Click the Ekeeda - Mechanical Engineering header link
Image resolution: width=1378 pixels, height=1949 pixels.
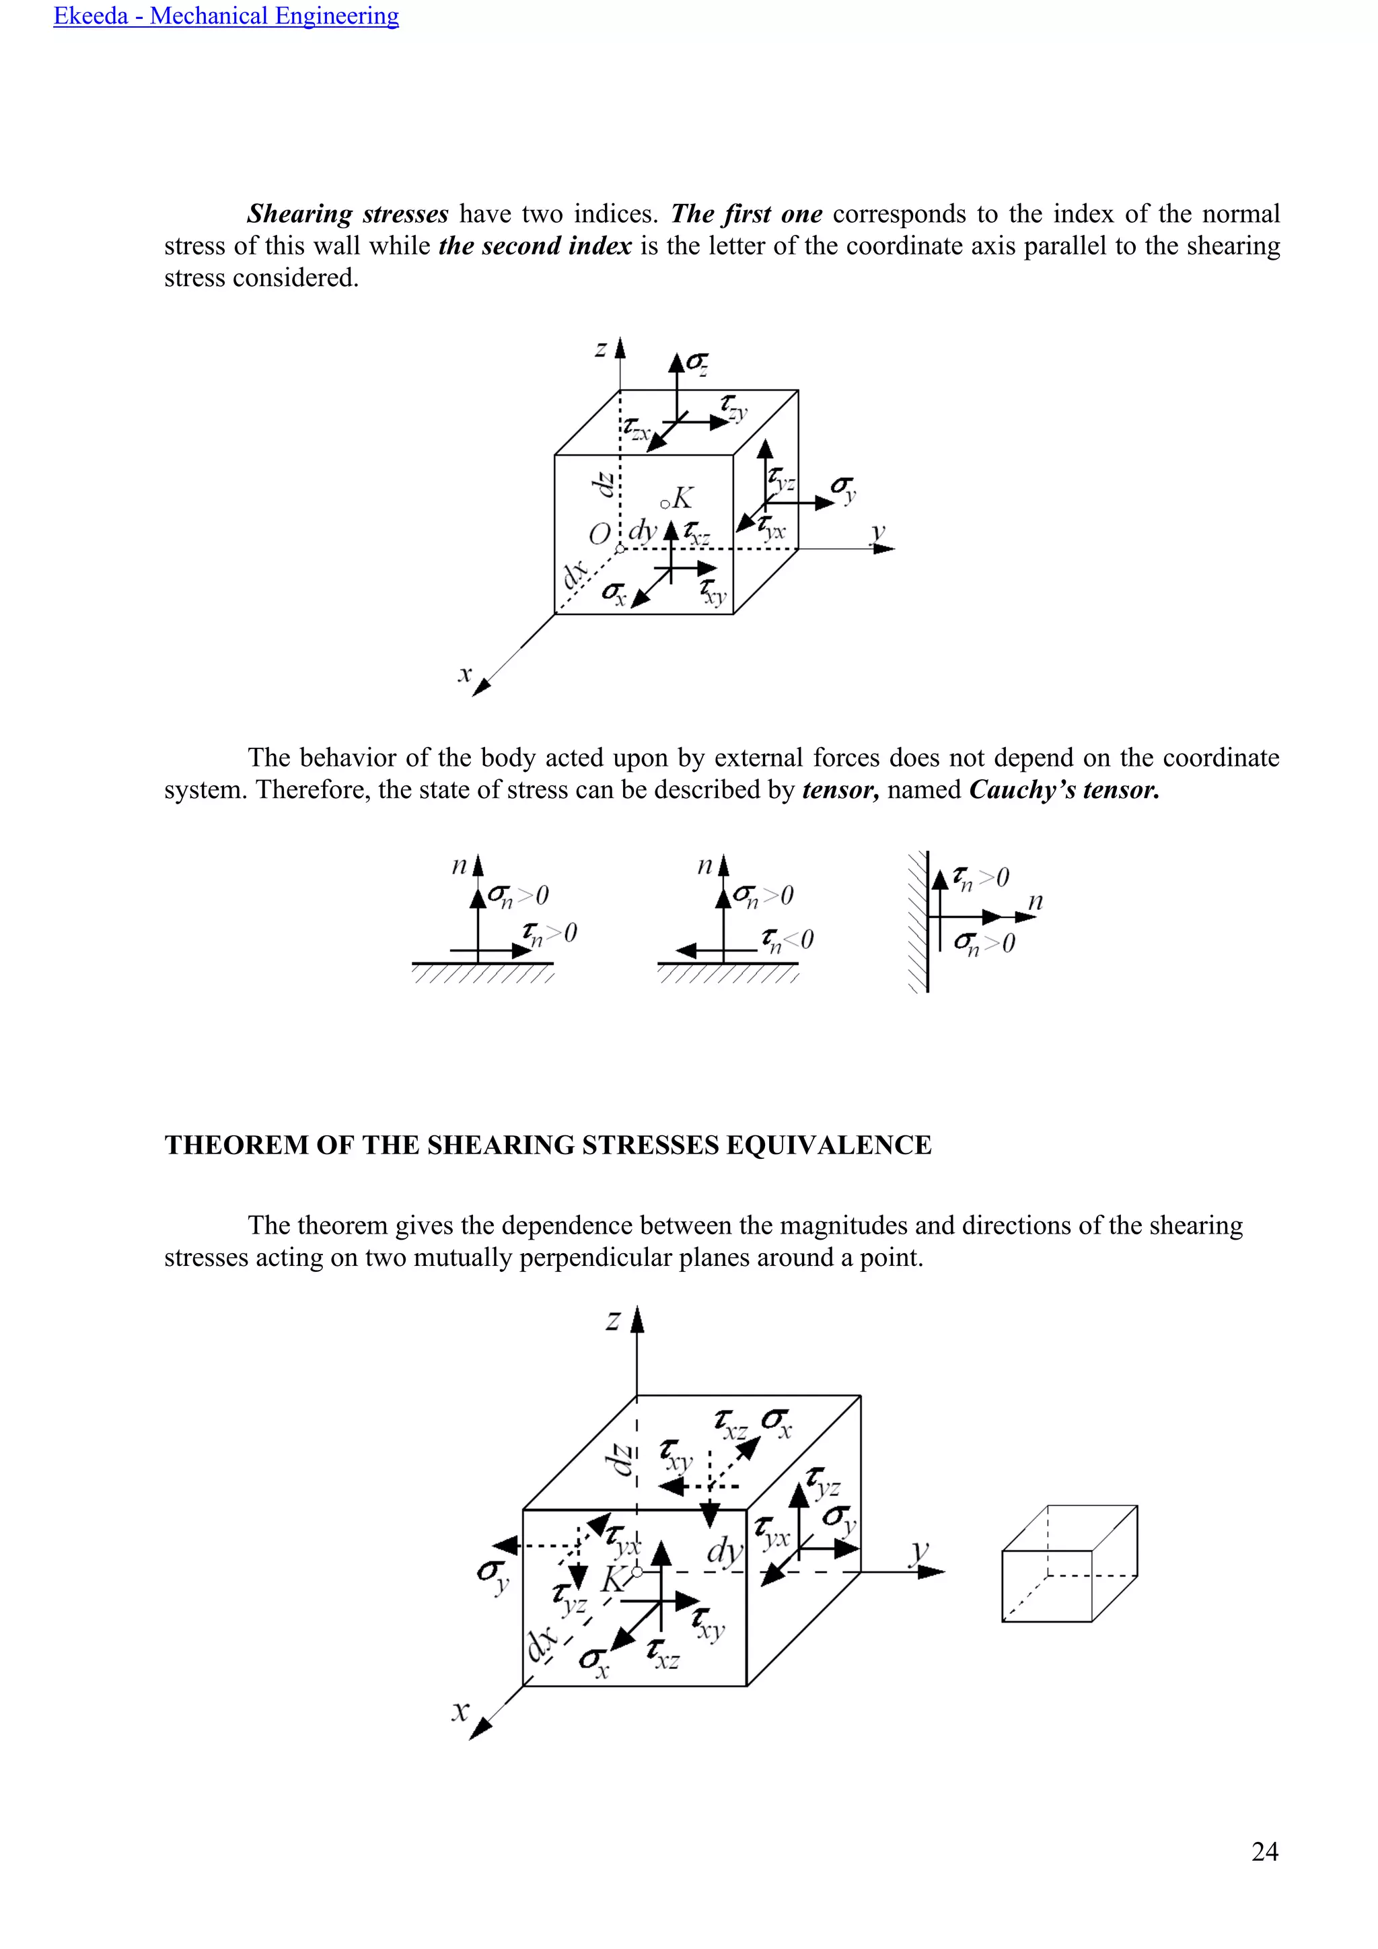[x=225, y=16]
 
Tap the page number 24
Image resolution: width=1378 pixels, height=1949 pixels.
[x=1264, y=1851]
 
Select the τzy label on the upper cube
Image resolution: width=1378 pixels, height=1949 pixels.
[x=734, y=406]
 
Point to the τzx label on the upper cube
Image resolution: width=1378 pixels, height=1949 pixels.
[x=637, y=429]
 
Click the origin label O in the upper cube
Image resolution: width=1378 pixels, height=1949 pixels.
[x=599, y=534]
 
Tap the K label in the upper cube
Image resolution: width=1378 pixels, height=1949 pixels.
[x=682, y=497]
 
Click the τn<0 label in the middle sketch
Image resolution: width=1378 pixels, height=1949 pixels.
[x=787, y=940]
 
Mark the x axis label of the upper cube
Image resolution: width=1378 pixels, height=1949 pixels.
[x=464, y=674]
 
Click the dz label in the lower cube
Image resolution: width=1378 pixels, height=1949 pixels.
[x=622, y=1459]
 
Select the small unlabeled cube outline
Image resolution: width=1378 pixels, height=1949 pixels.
[x=1069, y=1563]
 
